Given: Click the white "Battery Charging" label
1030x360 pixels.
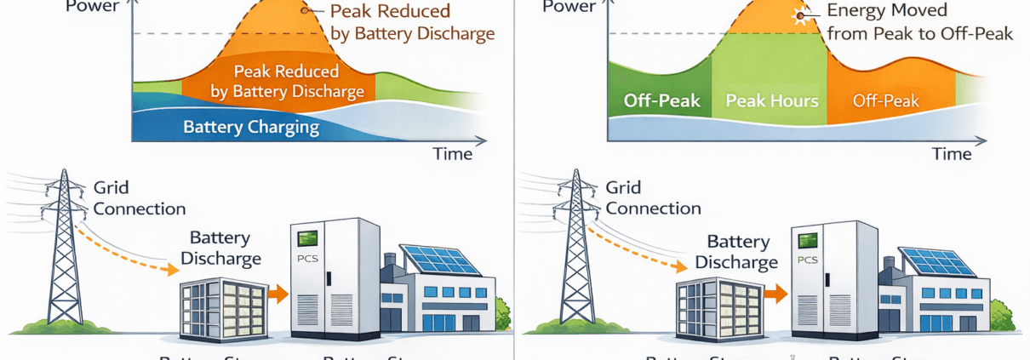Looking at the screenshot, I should (x=250, y=128).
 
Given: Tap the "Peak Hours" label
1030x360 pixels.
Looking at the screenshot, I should (x=771, y=100).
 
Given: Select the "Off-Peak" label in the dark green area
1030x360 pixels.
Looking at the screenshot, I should (x=661, y=100).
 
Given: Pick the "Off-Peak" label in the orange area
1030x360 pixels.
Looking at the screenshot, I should (x=886, y=100).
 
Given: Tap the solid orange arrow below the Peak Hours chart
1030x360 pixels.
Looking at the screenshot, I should (x=776, y=294).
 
